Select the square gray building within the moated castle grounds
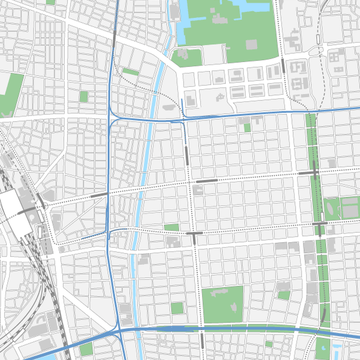(x=251, y=45)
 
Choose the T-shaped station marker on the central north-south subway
(x=194, y=235)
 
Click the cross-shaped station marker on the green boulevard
(x=314, y=173)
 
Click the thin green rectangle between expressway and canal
(x=130, y=72)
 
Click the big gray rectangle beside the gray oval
(x=350, y=208)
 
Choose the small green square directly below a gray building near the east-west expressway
(x=247, y=128)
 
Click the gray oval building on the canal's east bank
(x=169, y=108)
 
